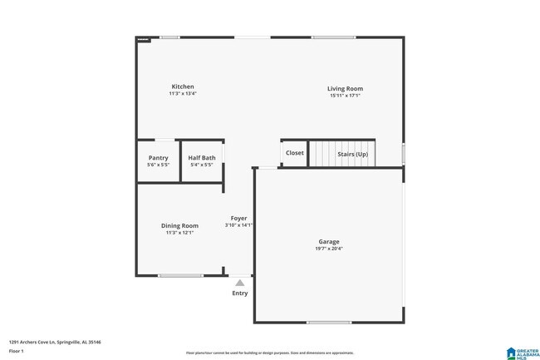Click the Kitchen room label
(183, 86)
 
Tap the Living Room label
(345, 89)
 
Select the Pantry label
(158, 158)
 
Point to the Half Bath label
(201, 158)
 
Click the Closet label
(295, 153)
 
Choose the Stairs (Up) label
(352, 154)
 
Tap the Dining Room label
(179, 225)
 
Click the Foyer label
(238, 218)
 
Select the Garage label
(329, 242)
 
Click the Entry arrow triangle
(239, 283)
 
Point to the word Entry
(239, 293)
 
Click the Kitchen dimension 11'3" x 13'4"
(183, 94)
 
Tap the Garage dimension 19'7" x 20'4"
(329, 249)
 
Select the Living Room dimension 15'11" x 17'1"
(345, 96)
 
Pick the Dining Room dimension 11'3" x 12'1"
(179, 233)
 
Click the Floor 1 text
(17, 351)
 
